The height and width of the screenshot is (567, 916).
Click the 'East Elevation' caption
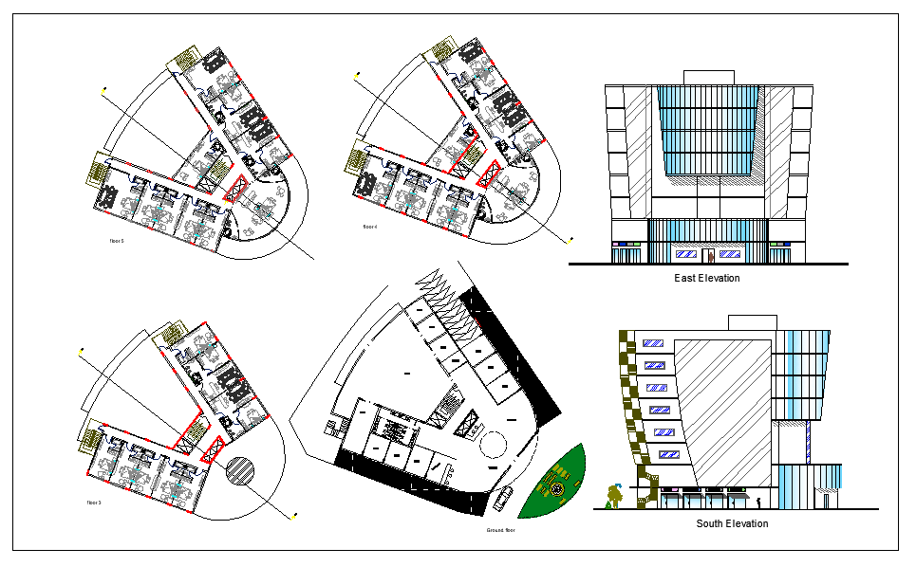click(706, 279)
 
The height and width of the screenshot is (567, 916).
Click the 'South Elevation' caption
click(732, 523)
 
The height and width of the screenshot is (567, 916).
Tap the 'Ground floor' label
click(499, 530)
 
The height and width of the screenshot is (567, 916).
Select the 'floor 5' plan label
click(118, 242)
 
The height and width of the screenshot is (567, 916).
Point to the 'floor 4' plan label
click(370, 228)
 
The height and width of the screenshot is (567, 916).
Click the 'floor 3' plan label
click(94, 502)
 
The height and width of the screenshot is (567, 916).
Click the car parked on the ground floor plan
click(504, 499)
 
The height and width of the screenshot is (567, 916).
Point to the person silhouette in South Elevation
click(759, 503)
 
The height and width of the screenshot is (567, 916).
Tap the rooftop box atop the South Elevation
click(753, 324)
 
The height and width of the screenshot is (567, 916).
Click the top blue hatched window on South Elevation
click(653, 343)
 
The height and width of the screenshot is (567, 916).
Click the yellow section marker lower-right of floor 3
click(294, 518)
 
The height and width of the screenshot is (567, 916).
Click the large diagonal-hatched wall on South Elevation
click(726, 408)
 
